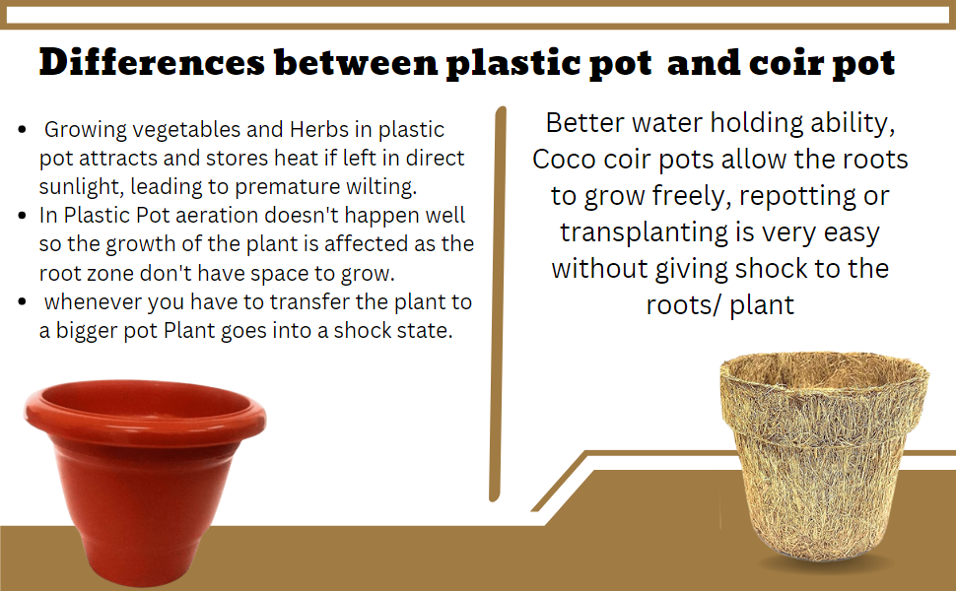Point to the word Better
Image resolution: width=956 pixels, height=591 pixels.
point(591,124)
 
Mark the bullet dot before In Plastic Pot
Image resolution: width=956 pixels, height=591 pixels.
point(23,216)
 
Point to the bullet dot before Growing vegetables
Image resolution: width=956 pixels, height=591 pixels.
point(23,130)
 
